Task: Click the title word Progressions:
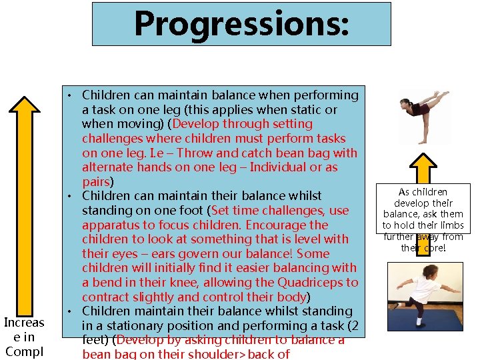[x=241, y=23]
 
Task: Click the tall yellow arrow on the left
[x=23, y=200]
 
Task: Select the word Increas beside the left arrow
[x=24, y=323]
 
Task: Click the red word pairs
[x=97, y=181]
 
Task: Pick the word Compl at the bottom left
[x=23, y=351]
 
